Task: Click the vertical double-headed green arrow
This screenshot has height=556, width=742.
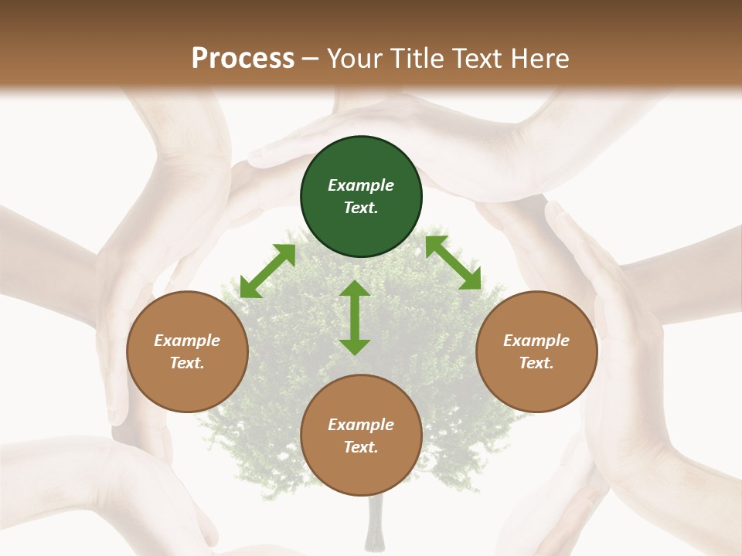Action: click(355, 317)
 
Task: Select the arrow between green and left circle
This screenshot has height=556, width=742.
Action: click(267, 271)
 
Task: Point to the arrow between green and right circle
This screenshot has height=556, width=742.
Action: click(453, 263)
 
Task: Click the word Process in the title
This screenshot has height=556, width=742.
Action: click(243, 58)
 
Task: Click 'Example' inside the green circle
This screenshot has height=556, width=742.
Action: click(361, 185)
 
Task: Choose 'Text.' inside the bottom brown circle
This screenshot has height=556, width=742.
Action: click(361, 447)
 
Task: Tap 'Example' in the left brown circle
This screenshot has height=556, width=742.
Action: click(187, 341)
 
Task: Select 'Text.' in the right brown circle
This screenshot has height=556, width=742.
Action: click(536, 363)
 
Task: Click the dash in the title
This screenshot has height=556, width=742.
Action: click(311, 58)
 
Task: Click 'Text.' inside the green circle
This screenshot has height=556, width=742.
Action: click(361, 208)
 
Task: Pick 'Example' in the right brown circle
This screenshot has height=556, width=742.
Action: click(536, 341)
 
